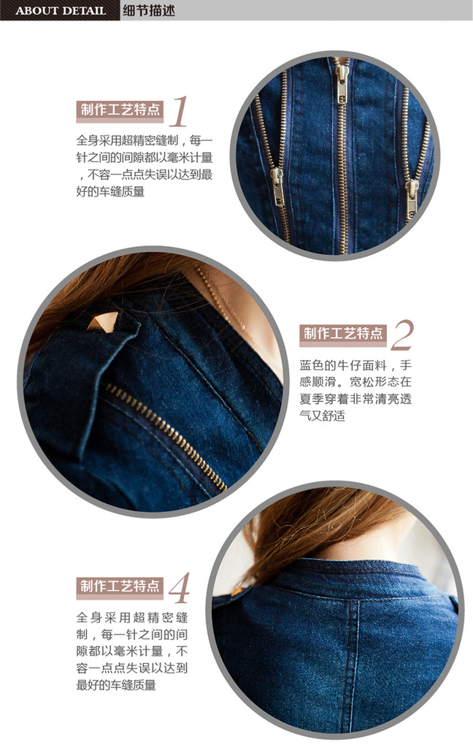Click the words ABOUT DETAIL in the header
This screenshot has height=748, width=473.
click(x=61, y=10)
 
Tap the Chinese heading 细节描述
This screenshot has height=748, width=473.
click(x=149, y=10)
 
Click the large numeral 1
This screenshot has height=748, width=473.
click(x=179, y=111)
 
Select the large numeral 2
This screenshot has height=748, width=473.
click(x=401, y=335)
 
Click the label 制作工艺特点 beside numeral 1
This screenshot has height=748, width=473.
click(x=120, y=110)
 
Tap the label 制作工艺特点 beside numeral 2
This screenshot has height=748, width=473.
click(x=343, y=333)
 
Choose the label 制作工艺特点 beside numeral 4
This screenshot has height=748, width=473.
click(x=120, y=586)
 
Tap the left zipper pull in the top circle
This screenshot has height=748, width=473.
click(x=277, y=186)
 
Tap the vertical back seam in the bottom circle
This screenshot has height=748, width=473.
click(x=354, y=664)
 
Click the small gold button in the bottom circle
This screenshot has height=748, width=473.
click(x=237, y=592)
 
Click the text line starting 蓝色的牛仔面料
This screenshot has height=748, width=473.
click(x=355, y=365)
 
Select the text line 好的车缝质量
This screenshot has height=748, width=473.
click(x=110, y=192)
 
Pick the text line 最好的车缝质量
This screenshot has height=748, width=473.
click(x=116, y=685)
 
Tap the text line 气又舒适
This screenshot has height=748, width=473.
click(x=322, y=416)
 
